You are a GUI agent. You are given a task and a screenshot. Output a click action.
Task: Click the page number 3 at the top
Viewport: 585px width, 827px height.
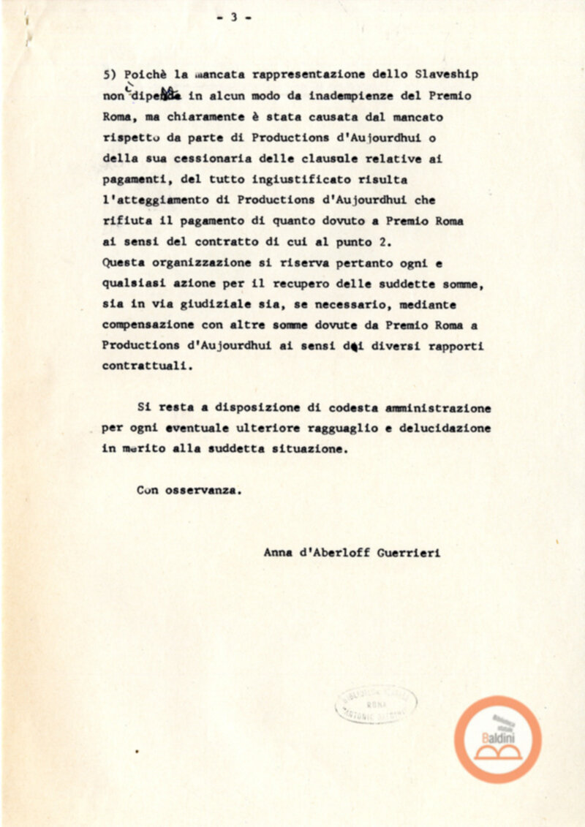(234, 18)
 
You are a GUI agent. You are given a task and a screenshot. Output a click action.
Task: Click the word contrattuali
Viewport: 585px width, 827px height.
(145, 368)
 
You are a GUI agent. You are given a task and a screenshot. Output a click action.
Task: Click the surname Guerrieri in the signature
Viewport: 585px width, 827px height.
(409, 553)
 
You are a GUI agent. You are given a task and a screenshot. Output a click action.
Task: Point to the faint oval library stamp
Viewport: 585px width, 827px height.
(376, 704)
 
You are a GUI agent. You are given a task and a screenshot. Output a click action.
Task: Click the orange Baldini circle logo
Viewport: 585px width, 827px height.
(498, 739)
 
